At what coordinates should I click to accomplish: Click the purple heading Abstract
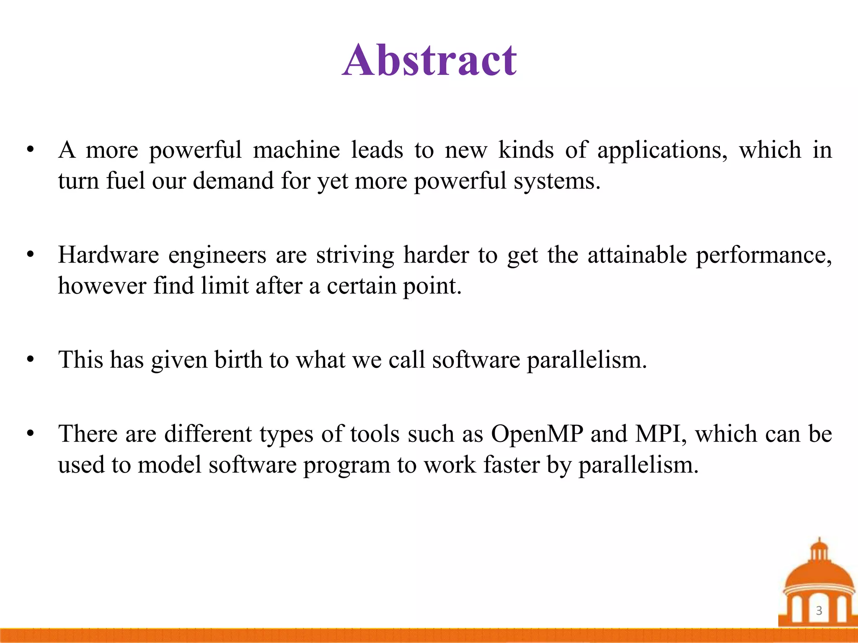(x=429, y=61)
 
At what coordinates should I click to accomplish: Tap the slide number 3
(x=819, y=611)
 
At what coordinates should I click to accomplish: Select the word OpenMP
(x=537, y=434)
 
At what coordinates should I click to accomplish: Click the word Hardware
(x=108, y=255)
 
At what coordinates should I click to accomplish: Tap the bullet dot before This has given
(x=30, y=360)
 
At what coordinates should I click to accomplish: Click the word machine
(x=296, y=150)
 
